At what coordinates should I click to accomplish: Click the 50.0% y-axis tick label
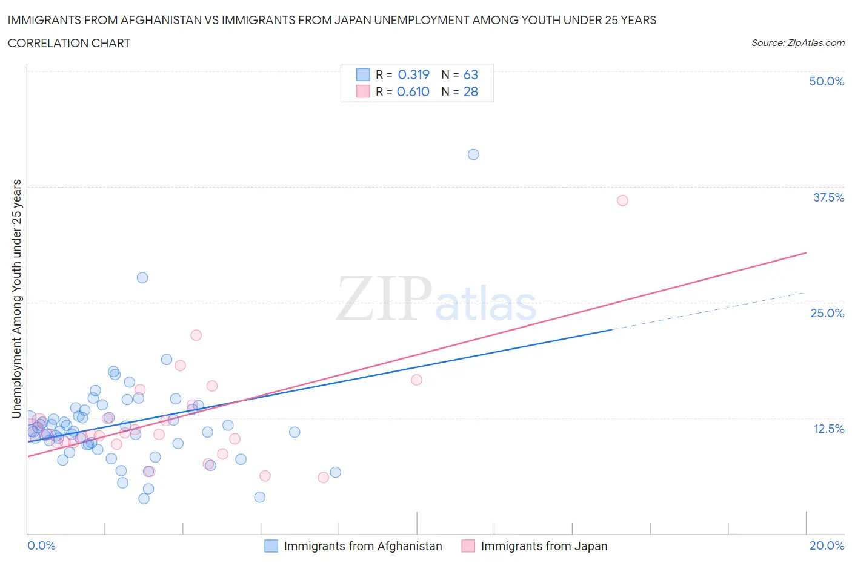tap(827, 81)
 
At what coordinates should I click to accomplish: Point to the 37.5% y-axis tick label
tap(828, 197)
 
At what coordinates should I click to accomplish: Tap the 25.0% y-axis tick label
tap(827, 313)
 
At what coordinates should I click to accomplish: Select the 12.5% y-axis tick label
tap(828, 429)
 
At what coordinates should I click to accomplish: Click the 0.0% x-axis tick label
tap(41, 545)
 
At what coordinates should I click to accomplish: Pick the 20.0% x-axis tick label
tap(827, 545)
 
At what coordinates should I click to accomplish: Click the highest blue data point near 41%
tap(473, 154)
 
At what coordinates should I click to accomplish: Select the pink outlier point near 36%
tap(622, 200)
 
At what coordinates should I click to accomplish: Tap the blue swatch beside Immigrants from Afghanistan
tap(271, 546)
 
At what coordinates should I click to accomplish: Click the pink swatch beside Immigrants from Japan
tap(468, 546)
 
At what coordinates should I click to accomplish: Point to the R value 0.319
tap(413, 74)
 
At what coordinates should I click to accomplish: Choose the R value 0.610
tap(413, 91)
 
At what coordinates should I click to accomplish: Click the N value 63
tap(470, 74)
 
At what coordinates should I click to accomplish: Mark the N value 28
tap(470, 91)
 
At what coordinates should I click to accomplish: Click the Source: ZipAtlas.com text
tap(797, 42)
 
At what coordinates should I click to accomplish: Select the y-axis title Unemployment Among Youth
tap(16, 298)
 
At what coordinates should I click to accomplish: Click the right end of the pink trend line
tap(805, 252)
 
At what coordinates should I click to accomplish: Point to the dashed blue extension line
tap(709, 311)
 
